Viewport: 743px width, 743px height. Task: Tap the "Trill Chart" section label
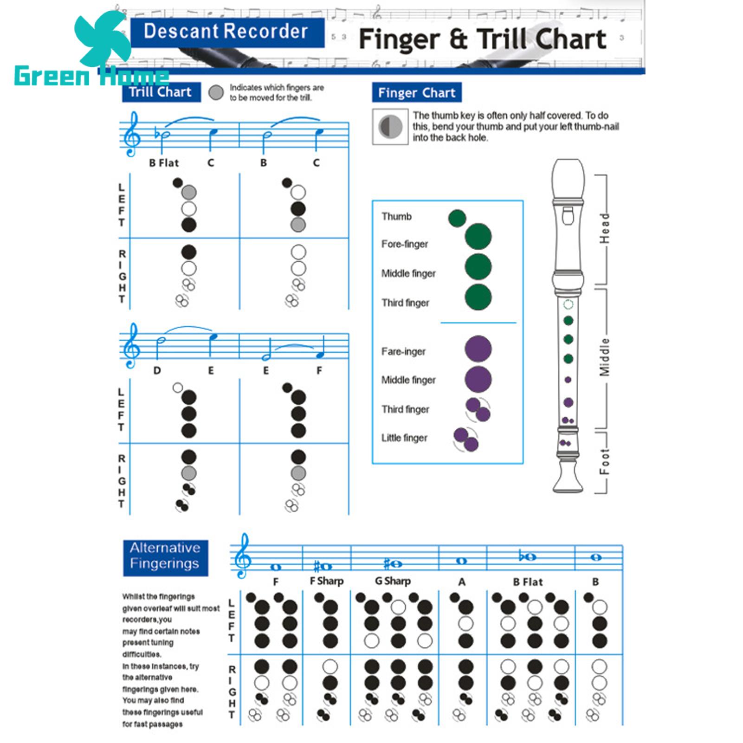coord(161,92)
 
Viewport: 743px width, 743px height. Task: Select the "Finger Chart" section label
coord(416,93)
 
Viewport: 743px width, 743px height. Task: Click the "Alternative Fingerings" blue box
coord(165,557)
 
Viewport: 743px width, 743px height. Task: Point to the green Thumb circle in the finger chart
coord(457,218)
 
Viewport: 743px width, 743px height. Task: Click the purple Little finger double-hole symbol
coord(465,439)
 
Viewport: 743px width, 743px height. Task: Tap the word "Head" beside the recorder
coord(604,228)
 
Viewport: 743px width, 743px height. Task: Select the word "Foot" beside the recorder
coord(604,462)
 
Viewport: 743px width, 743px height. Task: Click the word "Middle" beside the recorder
coord(604,357)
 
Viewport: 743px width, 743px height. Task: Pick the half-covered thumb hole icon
coord(390,127)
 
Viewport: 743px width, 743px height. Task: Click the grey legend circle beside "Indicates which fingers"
coord(216,93)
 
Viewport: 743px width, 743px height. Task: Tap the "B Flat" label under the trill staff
coord(164,163)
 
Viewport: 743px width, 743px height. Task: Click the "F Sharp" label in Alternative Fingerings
coord(327,581)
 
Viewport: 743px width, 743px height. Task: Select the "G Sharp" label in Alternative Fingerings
coord(393,581)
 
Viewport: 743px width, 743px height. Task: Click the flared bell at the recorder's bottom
coord(568,478)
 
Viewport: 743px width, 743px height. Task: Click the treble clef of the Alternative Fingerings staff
coord(242,555)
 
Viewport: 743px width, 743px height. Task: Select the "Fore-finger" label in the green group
coord(405,244)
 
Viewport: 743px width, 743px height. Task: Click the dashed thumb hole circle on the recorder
coord(568,304)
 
